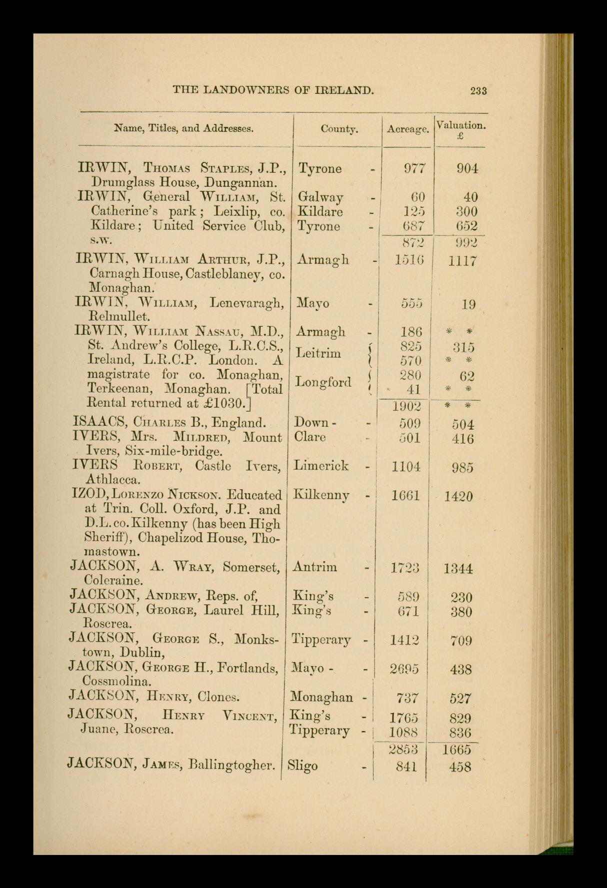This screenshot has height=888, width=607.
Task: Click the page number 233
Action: coord(478,90)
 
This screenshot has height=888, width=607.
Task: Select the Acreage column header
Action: coord(408,129)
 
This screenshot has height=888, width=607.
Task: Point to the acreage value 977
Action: coord(414,168)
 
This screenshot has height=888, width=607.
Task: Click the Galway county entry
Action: coord(320,197)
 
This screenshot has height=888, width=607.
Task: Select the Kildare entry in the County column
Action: coord(320,211)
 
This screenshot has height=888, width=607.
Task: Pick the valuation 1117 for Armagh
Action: coord(462,261)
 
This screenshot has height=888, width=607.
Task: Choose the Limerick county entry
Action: coord(321,466)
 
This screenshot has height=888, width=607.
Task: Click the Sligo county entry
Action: coord(302,766)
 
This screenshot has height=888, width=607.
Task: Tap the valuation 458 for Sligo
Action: coord(460,767)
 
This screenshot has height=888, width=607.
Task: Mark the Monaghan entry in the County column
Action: coord(321,697)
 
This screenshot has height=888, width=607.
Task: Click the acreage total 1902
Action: coord(406,406)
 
